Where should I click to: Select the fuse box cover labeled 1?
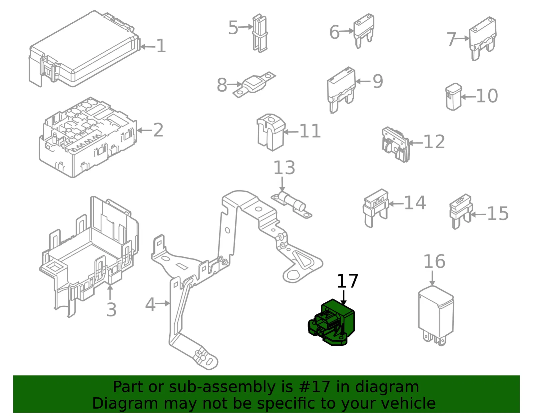(85, 49)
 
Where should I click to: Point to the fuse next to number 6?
(364, 31)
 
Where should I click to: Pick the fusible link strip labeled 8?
(254, 85)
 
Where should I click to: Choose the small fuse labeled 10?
(453, 97)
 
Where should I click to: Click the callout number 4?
(150, 305)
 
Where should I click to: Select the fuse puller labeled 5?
(260, 33)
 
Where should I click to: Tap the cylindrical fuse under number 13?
(291, 205)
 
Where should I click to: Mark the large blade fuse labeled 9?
(341, 90)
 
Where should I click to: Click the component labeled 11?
(271, 132)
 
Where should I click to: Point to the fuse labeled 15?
(461, 211)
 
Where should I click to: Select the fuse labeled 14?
(376, 208)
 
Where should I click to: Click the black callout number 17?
(347, 281)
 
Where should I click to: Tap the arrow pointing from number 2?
(144, 130)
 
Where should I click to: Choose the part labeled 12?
(395, 145)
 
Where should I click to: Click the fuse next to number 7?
(483, 39)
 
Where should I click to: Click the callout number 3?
(111, 310)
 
